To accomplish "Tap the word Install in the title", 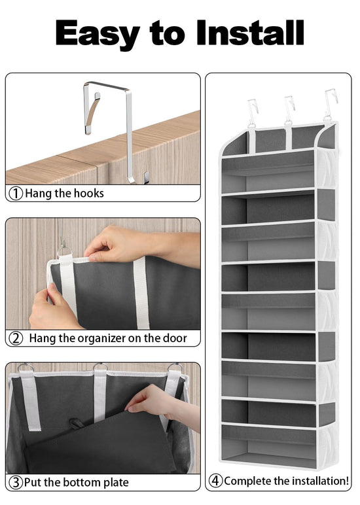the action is tap(250, 32).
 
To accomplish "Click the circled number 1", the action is tap(16, 194).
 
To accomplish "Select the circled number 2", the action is tap(16, 338).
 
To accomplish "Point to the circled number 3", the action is tap(16, 483).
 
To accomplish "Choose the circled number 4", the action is tap(215, 481).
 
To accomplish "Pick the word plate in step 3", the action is tap(116, 483).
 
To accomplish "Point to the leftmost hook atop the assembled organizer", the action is tap(253, 111).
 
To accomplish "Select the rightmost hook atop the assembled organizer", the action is tap(330, 104).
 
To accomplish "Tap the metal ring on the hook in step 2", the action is tap(64, 251).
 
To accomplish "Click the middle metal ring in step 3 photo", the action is tap(100, 366).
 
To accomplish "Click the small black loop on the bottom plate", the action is tap(77, 423).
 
